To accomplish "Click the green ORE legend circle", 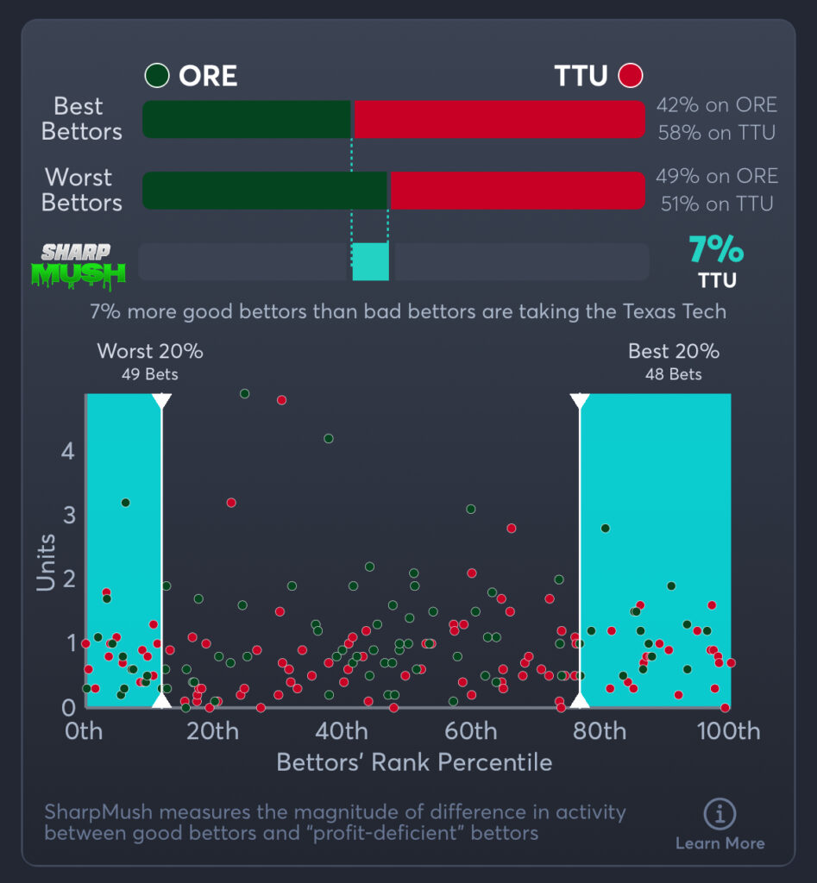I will pyautogui.click(x=156, y=76).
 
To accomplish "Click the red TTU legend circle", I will pyautogui.click(x=631, y=76).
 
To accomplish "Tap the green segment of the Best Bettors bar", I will pyautogui.click(x=247, y=119).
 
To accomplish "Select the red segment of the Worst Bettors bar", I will pyautogui.click(x=517, y=191).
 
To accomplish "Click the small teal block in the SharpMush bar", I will pyautogui.click(x=371, y=261).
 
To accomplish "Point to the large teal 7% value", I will pyautogui.click(x=715, y=250).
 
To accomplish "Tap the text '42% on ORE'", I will pyautogui.click(x=716, y=105).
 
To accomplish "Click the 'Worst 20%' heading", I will pyautogui.click(x=150, y=352).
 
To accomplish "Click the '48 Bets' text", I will pyautogui.click(x=673, y=374).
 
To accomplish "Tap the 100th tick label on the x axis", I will pyautogui.click(x=728, y=732).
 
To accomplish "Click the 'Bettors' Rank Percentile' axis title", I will pyautogui.click(x=414, y=762).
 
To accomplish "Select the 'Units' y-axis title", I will pyautogui.click(x=47, y=562).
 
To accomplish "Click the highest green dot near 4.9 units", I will pyautogui.click(x=244, y=393).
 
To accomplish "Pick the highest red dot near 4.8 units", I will pyautogui.click(x=281, y=400).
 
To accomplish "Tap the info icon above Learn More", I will pyautogui.click(x=719, y=813).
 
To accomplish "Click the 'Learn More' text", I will pyautogui.click(x=720, y=843).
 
